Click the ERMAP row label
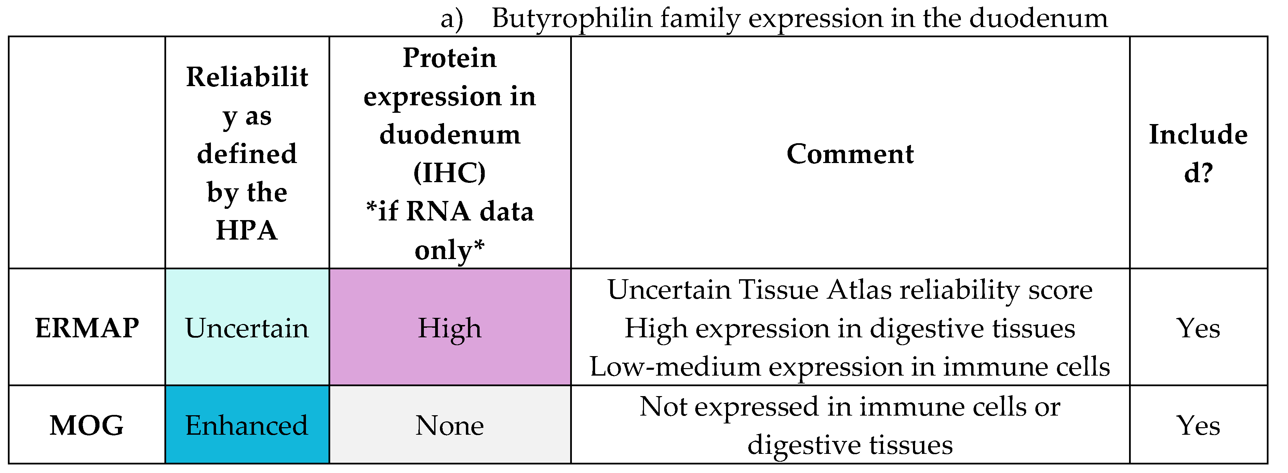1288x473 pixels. [x=87, y=328]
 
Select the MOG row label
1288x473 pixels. [x=87, y=425]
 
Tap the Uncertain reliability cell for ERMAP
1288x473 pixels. [x=247, y=328]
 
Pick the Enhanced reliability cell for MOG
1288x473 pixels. [x=247, y=425]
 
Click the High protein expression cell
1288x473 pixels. [x=450, y=328]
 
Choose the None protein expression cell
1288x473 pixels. [x=450, y=425]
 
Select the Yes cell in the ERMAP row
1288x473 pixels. [x=1198, y=328]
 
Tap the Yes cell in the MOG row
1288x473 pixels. [x=1198, y=425]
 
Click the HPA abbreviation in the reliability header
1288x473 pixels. [x=247, y=230]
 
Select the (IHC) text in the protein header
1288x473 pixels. [x=450, y=173]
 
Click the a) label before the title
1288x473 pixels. [x=452, y=18]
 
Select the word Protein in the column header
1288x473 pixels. [x=450, y=58]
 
